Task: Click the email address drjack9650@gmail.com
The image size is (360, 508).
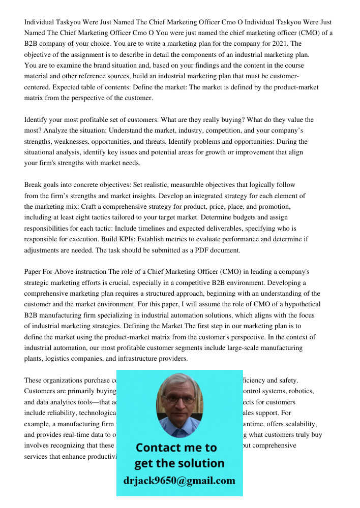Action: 179,481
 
